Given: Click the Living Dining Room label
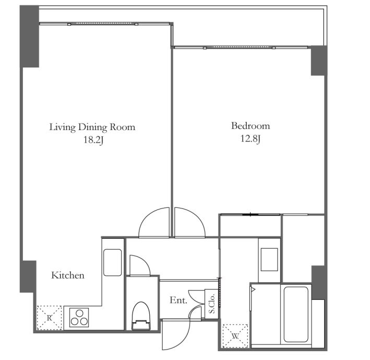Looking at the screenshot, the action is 92,127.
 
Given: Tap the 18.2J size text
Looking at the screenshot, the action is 93,140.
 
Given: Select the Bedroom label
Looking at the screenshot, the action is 250,126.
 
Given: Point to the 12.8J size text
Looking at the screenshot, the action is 250,138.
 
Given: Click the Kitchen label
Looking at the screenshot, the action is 68,275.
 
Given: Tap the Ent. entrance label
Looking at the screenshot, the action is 178,300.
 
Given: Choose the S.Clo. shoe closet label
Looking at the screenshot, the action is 212,304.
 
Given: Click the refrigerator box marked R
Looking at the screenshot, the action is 50,318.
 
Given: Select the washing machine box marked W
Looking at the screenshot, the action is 235,336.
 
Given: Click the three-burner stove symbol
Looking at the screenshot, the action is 79,318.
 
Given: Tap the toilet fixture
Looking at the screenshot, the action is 141,316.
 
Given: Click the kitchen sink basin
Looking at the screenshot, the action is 112,262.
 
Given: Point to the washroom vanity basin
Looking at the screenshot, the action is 269,259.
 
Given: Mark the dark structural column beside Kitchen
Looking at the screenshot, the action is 28,276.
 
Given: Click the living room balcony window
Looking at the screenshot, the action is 104,24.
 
